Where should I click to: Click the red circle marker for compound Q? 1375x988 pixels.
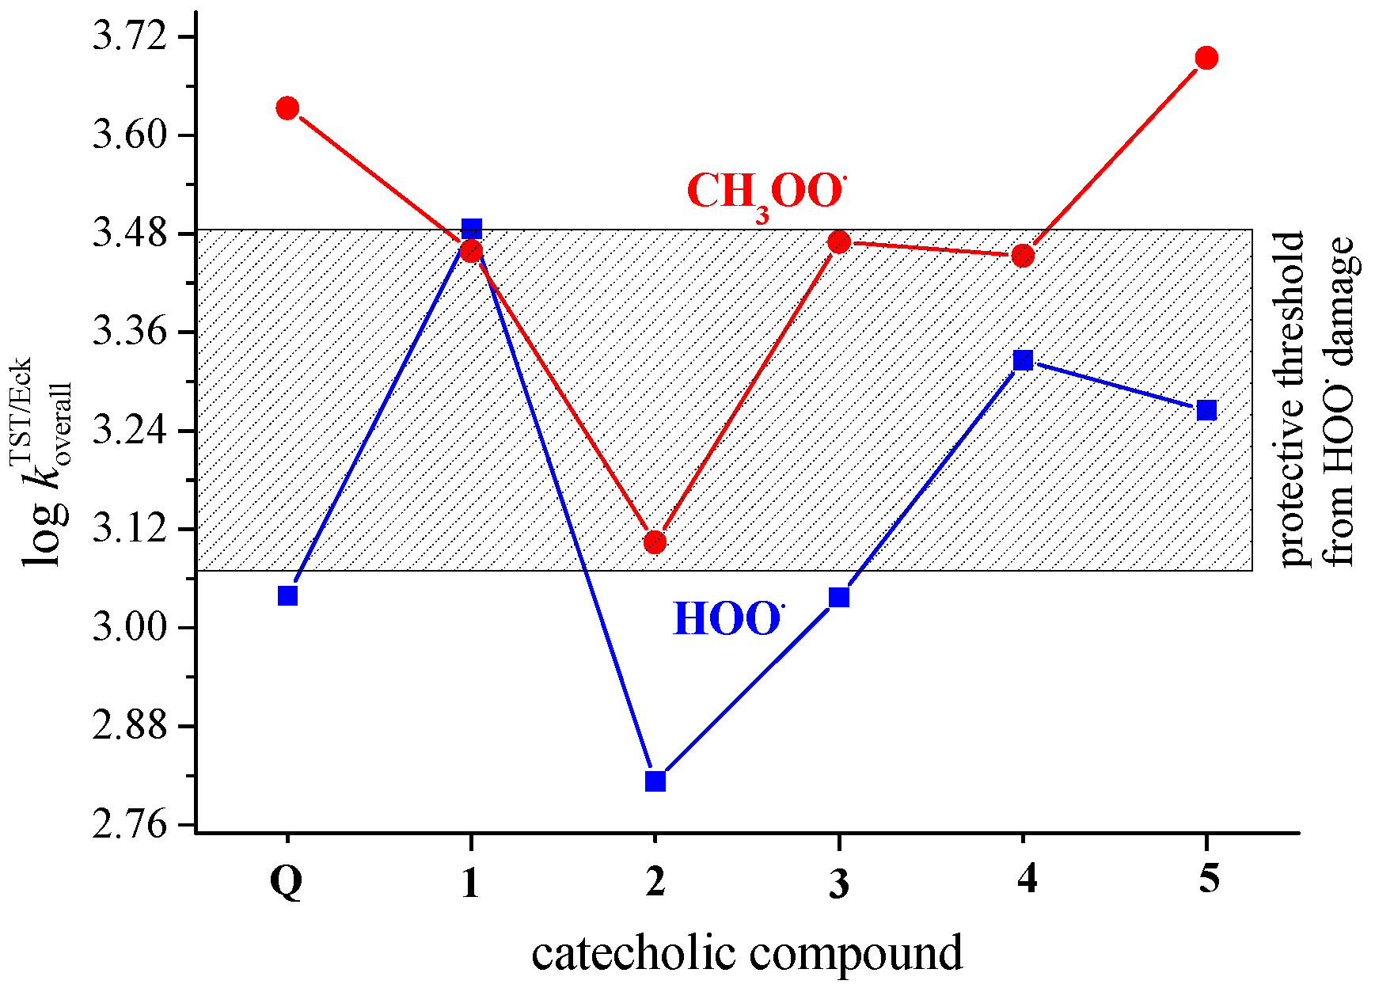(287, 108)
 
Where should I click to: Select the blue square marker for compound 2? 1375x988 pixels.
(655, 781)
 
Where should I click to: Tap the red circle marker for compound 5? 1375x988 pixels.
(1206, 58)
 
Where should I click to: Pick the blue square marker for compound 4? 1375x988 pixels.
(1023, 360)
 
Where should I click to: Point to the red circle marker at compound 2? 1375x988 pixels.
(655, 542)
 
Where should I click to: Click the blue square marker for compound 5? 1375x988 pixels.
(1206, 410)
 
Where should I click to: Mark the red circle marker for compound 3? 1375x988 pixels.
(839, 242)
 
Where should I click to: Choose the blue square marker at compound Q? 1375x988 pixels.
(288, 595)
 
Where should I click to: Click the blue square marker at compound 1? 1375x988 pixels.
(472, 229)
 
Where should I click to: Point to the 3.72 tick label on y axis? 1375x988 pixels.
(131, 37)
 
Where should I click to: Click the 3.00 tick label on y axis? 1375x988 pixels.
(131, 628)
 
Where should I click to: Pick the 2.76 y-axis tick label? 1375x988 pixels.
(131, 825)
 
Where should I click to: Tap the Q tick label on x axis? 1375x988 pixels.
(287, 881)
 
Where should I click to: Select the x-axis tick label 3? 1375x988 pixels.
(839, 881)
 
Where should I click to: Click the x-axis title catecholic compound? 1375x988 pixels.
(746, 952)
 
